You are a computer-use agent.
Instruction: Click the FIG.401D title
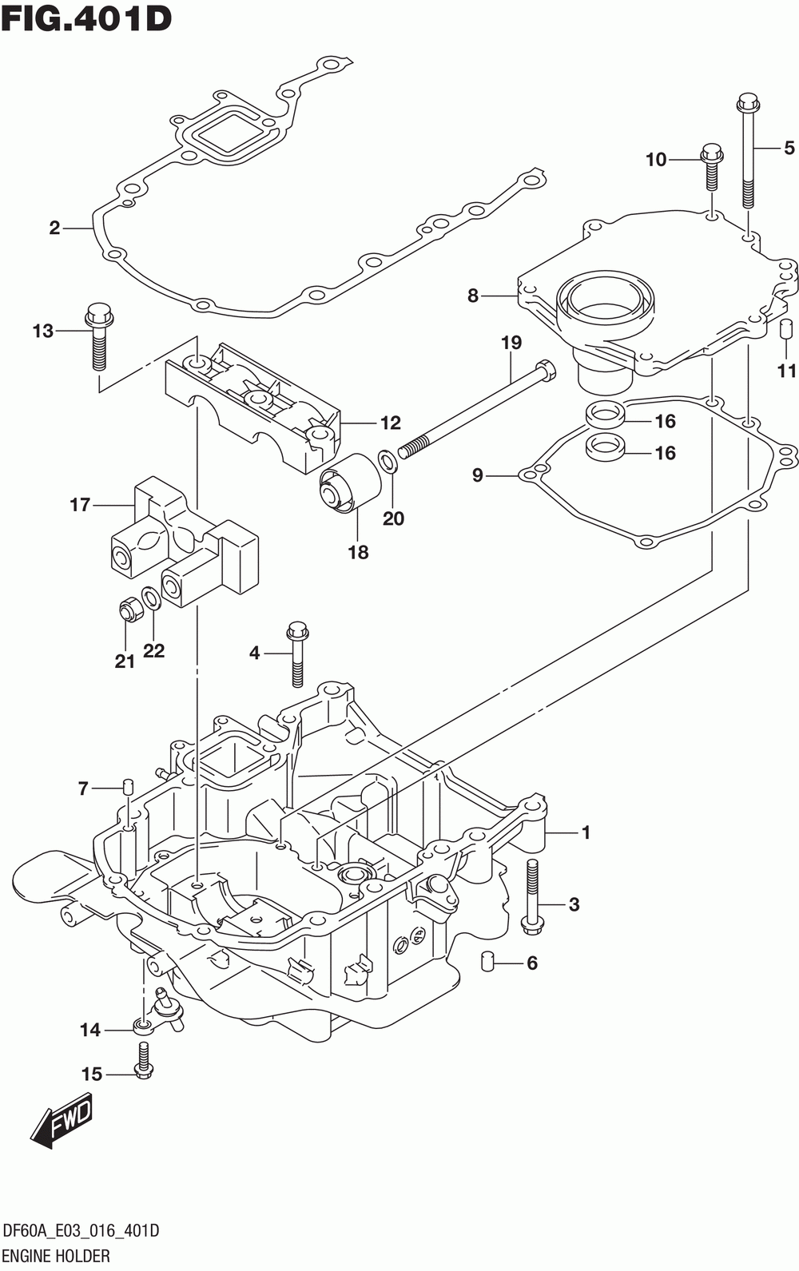(87, 18)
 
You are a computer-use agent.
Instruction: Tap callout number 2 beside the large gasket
(54, 228)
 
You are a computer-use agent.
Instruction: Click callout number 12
(391, 423)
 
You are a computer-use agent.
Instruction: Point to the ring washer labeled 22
(150, 598)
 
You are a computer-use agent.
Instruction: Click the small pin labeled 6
(487, 962)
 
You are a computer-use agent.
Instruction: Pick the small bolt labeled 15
(142, 1060)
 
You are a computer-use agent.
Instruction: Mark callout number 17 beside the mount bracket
(80, 504)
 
